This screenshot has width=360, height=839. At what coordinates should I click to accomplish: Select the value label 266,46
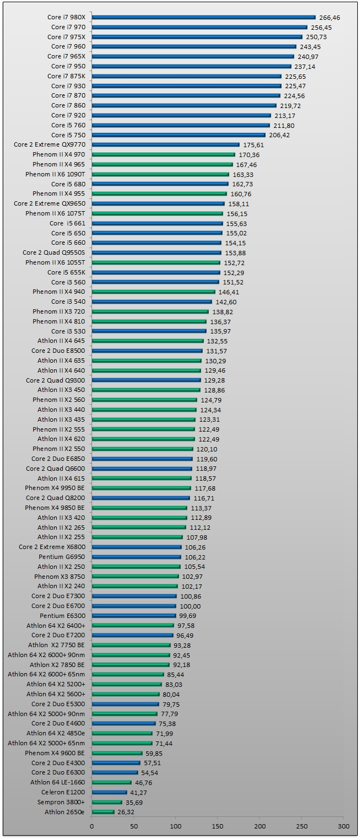pos(329,18)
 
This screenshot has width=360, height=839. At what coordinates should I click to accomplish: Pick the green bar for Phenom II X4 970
pos(163,155)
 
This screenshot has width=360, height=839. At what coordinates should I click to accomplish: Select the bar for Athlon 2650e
pos(103,812)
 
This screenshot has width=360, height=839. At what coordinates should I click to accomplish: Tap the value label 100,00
pos(190,606)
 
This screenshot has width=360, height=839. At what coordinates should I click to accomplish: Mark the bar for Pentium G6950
pos(136,557)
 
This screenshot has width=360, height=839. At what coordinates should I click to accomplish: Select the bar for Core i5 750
pos(178,135)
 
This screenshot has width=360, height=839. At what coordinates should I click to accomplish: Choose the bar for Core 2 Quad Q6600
pos(142,469)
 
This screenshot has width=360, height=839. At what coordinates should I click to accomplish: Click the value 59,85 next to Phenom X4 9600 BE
pos(156,753)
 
